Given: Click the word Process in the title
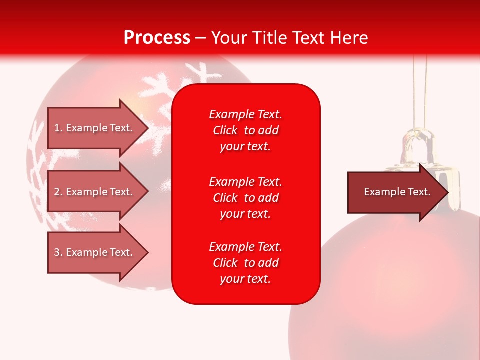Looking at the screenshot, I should point(157,38).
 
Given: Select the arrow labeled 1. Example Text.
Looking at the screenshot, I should point(93,128).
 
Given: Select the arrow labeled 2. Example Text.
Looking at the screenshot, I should point(93,192).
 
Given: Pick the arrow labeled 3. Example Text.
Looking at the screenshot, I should point(93,252).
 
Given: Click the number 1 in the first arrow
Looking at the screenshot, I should point(57,128).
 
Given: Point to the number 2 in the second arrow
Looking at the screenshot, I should point(57,192).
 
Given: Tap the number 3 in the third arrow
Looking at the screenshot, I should point(57,252).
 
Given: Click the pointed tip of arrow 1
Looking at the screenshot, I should point(146,128).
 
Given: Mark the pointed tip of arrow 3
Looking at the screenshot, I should point(146,252).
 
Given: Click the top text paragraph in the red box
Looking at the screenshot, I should point(245,130).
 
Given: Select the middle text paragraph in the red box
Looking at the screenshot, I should point(245,198).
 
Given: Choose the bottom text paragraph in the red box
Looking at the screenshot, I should point(245,263).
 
